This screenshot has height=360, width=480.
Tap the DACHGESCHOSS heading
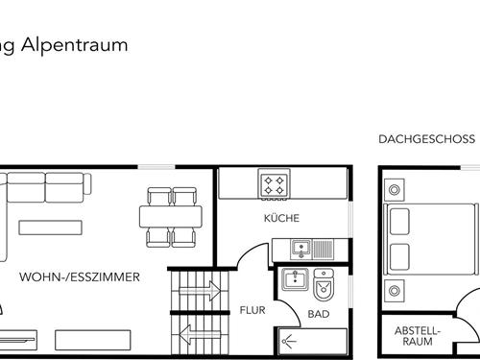[x=427, y=139]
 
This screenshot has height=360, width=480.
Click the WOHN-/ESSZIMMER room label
[x=80, y=277]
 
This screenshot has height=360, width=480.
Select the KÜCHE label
[x=282, y=219]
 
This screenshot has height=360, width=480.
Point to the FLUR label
[x=252, y=310]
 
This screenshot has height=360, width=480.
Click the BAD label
[x=319, y=314]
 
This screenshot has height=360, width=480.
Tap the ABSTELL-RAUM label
[x=419, y=335]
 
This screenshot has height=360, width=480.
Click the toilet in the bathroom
[x=324, y=286]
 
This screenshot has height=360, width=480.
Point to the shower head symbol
[x=287, y=339]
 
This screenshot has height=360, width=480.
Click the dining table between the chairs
[x=172, y=217]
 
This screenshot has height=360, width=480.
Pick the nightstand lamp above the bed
[x=394, y=182]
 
